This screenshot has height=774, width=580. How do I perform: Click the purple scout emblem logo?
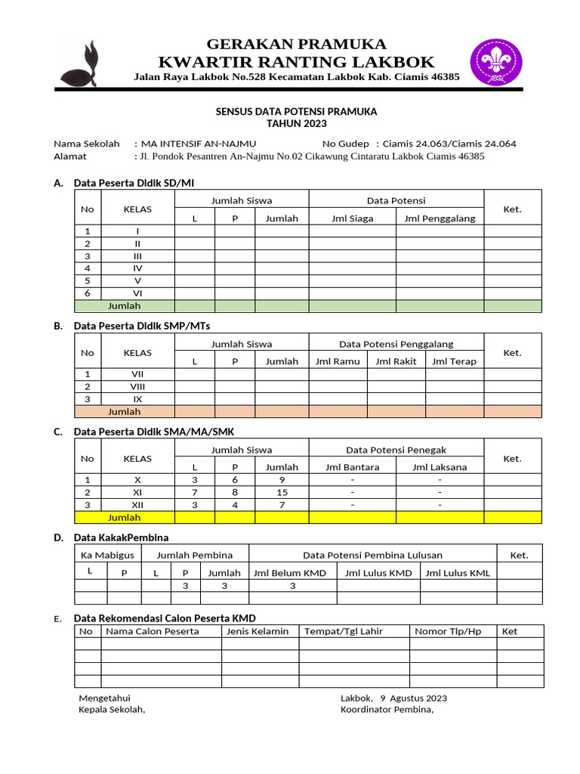pos(495,62)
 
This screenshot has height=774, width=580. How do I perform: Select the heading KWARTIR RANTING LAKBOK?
pos(296,61)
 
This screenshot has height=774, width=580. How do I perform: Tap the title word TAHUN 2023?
pos(296,123)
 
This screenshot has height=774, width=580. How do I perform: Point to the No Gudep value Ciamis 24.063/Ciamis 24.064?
pos(449,144)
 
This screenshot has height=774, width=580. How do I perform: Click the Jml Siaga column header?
pos(352,218)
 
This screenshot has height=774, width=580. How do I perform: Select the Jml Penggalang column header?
pos(440,218)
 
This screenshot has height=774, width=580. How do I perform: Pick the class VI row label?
pos(137,293)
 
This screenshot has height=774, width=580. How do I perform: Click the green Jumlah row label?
pos(125,306)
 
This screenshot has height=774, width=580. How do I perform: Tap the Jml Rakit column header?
pos(396,361)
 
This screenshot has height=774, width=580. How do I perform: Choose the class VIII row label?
pos(137,386)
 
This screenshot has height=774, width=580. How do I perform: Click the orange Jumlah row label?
pos(125,412)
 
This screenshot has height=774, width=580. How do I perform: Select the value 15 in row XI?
pos(282,492)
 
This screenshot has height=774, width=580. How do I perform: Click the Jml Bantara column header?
pos(352,467)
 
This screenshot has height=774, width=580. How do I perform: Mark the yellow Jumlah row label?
pos(125,518)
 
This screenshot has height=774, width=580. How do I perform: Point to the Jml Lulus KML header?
pos(458,573)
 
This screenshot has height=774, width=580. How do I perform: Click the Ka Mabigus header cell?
pos(107,555)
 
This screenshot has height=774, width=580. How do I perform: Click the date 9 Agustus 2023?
pos(414,698)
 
